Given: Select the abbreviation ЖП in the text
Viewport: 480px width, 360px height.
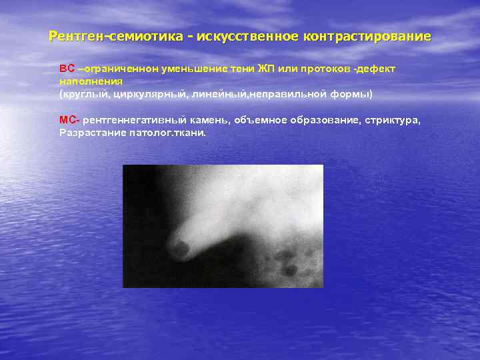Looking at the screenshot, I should point(265,69).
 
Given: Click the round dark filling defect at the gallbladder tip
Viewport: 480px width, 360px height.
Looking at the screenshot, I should point(180,249).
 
